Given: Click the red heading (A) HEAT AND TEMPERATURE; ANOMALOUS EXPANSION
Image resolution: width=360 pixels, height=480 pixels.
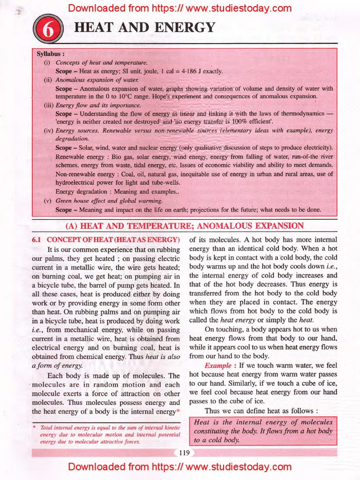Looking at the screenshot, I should (185, 226).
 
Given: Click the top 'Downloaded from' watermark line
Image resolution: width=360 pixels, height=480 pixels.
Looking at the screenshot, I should (180, 8).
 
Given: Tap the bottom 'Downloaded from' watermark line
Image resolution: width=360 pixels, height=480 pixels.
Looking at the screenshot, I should (180, 467).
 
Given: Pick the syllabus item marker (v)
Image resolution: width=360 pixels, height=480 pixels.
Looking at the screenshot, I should (47, 200).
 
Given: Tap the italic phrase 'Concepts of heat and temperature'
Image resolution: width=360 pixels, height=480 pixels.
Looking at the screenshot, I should (101, 62).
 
